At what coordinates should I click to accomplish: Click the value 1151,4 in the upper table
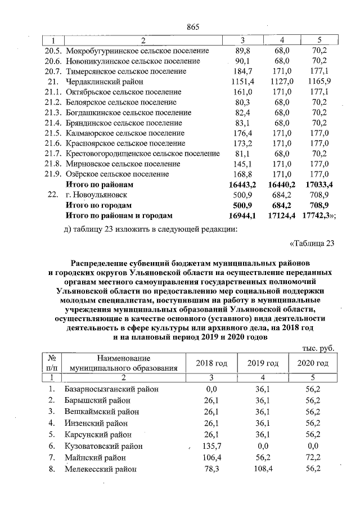(244, 82)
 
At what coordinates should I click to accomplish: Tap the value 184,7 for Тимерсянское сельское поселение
(244, 71)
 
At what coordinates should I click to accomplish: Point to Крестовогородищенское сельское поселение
(142, 154)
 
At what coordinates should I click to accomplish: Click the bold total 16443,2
(243, 184)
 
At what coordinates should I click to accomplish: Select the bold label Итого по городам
(98, 205)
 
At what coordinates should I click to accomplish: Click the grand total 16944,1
(243, 215)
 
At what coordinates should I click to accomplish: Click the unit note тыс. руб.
(318, 348)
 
